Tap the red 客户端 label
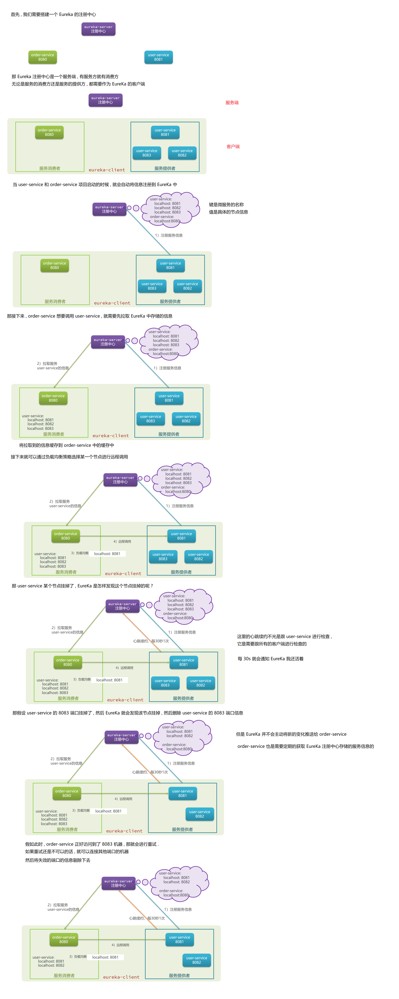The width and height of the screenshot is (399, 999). [x=233, y=147]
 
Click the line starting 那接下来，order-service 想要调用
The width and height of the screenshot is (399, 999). [x=90, y=316]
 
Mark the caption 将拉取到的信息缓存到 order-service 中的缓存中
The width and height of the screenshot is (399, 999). [x=67, y=445]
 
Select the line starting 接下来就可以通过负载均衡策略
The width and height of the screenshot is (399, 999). [x=69, y=457]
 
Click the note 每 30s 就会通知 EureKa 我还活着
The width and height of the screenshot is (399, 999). [x=271, y=658]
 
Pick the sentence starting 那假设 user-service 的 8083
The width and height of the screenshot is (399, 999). [x=128, y=713]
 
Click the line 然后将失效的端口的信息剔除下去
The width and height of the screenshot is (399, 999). [x=58, y=860]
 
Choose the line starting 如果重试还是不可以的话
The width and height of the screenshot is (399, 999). [x=77, y=852]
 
